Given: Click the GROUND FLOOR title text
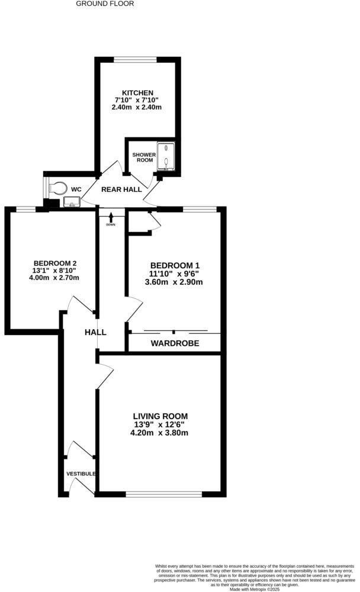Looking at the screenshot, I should click(x=105, y=4).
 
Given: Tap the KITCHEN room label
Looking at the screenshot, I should click(x=138, y=93).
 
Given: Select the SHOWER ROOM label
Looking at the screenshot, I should click(x=144, y=157).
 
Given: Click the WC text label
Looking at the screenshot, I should click(x=76, y=189).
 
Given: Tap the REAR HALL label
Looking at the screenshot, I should click(x=121, y=189).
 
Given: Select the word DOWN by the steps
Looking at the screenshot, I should click(x=111, y=225).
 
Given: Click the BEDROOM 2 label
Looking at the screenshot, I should click(x=54, y=263).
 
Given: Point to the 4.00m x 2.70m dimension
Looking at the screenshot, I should click(x=54, y=278).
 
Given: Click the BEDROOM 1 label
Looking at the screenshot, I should click(x=175, y=265).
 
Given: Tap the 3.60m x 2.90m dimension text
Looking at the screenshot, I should click(x=175, y=282).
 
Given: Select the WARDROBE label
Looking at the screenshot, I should click(x=174, y=343).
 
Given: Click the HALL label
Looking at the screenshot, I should click(x=95, y=332).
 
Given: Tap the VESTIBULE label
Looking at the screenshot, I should click(x=81, y=474).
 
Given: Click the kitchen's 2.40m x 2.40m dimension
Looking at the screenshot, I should click(x=137, y=108).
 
